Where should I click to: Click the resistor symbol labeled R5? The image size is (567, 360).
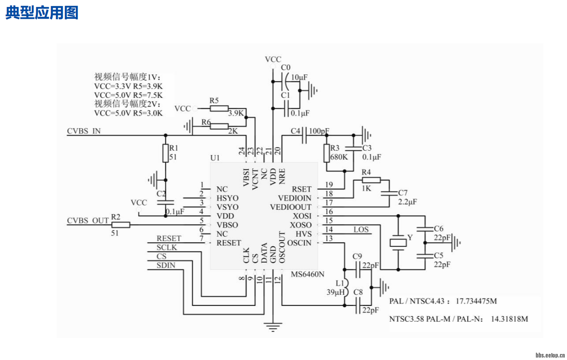tap(219, 108)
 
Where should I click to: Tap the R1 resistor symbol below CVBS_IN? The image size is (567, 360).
tap(165, 153)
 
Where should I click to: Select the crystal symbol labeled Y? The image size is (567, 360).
tap(398, 243)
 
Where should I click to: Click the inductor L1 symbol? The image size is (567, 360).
tap(345, 288)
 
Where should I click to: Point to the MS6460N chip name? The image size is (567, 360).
tap(308, 274)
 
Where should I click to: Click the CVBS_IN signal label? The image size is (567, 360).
tap(84, 131)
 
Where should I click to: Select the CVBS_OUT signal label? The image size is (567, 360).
tap(88, 220)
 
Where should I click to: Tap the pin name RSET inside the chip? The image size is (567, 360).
tap(301, 189)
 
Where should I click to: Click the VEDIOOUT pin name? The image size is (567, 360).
tap(290, 207)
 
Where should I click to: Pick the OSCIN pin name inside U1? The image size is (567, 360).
tap(299, 243)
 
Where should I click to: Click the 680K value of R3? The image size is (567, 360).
tap(339, 157)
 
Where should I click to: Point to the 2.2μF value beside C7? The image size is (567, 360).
tap(407, 202)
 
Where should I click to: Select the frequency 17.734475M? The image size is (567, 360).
tap(476, 301)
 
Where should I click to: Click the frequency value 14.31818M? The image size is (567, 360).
tap(509, 319)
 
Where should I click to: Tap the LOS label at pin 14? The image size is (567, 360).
tap(361, 229)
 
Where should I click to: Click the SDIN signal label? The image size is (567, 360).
tap(166, 265)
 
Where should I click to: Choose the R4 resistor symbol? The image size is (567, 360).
tap(371, 180)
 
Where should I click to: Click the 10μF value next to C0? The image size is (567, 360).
tap(299, 77)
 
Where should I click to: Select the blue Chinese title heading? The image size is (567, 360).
tap(42, 13)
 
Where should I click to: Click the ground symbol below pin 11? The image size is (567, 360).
tap(273, 326)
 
